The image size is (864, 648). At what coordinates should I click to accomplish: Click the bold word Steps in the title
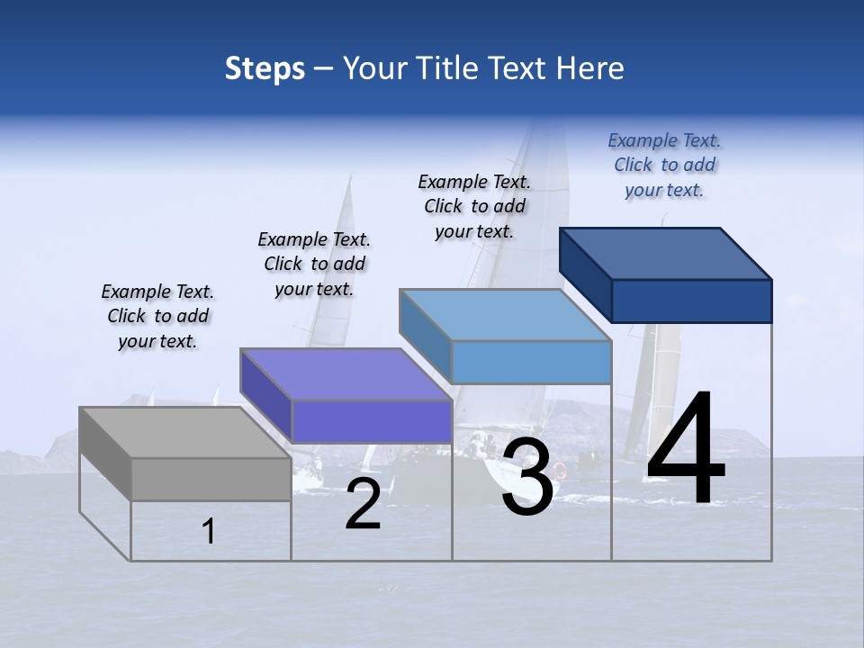pos(265,68)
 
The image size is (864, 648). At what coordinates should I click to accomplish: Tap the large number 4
pos(686,450)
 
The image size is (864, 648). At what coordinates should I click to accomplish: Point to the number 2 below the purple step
pos(363,505)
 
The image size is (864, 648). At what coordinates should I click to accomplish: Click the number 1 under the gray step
pos(209,532)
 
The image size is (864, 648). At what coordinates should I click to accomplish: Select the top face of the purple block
pos(346,374)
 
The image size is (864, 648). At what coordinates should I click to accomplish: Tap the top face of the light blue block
pos(506,315)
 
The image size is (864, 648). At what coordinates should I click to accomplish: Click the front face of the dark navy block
pos(691,301)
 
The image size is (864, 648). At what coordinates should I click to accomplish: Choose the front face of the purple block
pos(372,421)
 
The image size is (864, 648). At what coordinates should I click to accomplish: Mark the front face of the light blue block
pos(531,362)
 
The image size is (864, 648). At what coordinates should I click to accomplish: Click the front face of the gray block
pos(211,479)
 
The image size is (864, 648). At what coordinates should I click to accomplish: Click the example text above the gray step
pos(157,316)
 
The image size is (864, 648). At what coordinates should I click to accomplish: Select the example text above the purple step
pos(314,264)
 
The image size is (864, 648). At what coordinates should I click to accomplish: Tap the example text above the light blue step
pos(474,206)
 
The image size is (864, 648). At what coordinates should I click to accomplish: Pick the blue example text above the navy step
pos(664,165)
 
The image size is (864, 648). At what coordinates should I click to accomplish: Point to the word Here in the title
pos(591,68)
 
